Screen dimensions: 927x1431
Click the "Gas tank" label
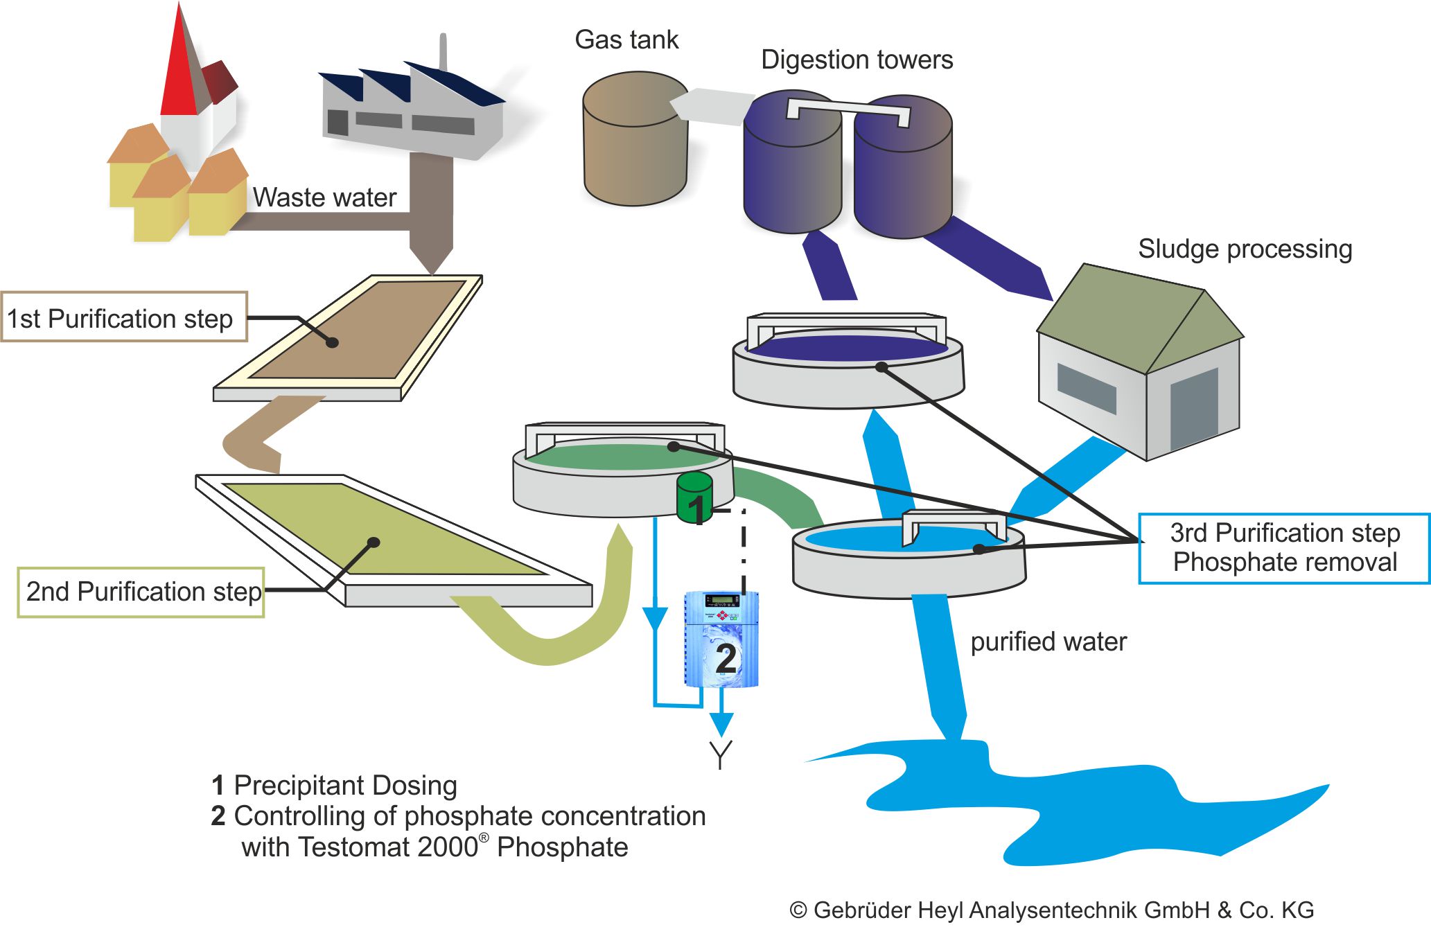[626, 40]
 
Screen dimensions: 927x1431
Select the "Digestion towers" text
[857, 60]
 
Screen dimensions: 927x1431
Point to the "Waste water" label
[324, 198]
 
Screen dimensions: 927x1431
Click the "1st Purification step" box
[123, 317]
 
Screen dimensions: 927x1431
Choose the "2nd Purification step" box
[141, 592]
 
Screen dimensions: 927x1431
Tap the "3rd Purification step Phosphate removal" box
[1284, 548]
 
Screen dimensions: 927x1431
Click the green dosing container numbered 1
[694, 498]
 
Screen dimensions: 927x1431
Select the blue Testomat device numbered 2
[721, 639]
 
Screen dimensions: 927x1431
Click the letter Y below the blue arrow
[721, 754]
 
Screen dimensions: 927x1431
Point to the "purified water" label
[1048, 642]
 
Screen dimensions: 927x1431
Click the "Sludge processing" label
[1245, 249]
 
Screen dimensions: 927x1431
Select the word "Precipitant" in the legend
[298, 786]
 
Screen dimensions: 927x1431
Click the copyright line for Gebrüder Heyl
[1051, 910]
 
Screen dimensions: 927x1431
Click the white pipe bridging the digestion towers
[848, 108]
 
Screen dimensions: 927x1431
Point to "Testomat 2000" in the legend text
[360, 847]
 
